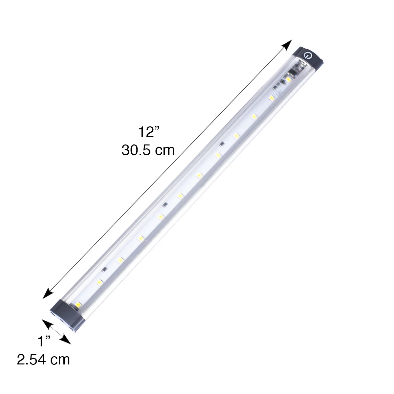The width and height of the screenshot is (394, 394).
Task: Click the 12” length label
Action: (148, 132)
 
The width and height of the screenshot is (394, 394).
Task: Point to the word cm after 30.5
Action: (164, 150)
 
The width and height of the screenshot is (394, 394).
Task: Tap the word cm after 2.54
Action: (60, 360)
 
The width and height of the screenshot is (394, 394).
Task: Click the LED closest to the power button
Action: (288, 79)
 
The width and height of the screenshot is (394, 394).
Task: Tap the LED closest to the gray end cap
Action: (78, 305)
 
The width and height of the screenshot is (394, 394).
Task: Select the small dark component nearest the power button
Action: (222, 144)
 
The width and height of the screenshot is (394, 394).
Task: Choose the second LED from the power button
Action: (271, 98)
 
